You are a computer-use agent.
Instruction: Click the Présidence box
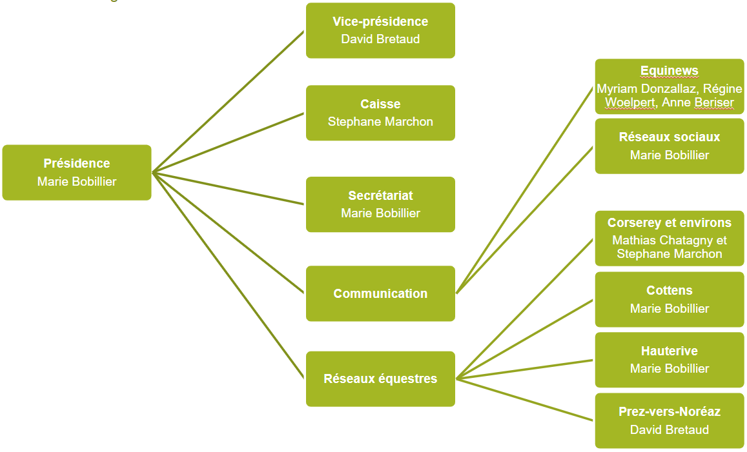[77, 172]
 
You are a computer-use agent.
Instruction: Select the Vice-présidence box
[380, 30]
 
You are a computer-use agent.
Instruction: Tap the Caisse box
[380, 113]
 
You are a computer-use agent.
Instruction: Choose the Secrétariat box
[380, 204]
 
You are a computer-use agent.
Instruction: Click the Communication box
[380, 293]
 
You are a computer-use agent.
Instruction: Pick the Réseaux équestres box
[380, 378]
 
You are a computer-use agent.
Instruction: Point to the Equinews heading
[669, 71]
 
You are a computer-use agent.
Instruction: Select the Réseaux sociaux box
[669, 146]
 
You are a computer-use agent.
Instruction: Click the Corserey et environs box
[669, 238]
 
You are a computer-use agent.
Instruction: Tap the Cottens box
[669, 299]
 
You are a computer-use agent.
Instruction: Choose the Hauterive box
[669, 360]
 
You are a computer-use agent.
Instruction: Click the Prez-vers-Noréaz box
[669, 420]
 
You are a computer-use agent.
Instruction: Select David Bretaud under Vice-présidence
[380, 39]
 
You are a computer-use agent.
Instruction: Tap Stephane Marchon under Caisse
[380, 122]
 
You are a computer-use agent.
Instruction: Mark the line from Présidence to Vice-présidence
[228, 101]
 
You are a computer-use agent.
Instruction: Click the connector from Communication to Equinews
[524, 190]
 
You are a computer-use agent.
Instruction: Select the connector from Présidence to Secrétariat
[228, 188]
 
